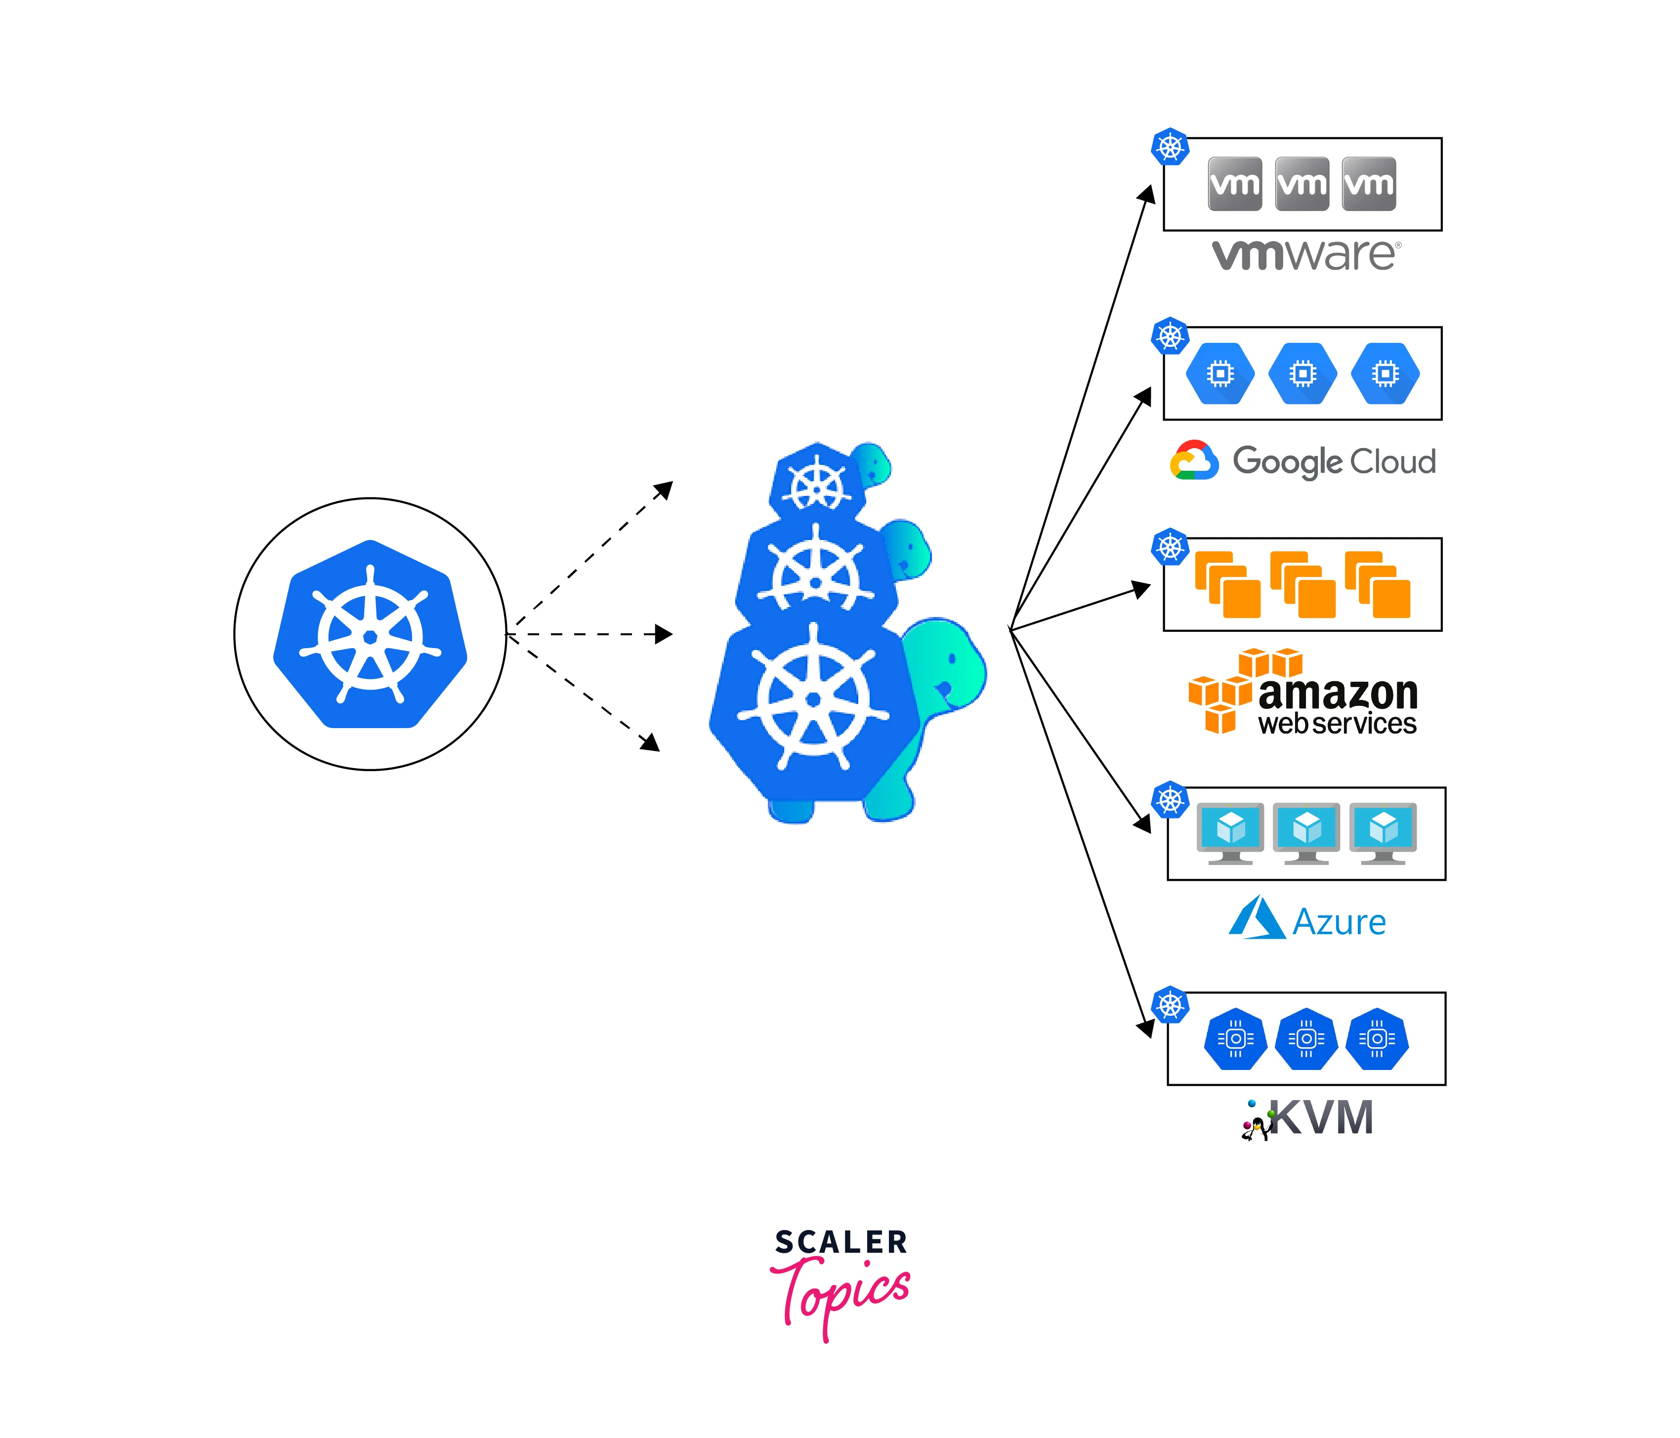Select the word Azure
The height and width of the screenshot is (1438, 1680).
(1339, 922)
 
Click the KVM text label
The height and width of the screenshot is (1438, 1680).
(1322, 1118)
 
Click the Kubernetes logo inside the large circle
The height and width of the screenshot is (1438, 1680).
(371, 634)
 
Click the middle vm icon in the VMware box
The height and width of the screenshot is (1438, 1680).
(1302, 184)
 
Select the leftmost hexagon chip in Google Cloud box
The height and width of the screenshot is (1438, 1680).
(1220, 373)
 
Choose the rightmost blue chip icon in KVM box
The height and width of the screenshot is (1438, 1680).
(1377, 1038)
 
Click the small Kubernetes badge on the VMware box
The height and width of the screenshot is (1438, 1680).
(1170, 147)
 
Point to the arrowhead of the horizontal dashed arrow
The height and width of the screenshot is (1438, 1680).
(665, 634)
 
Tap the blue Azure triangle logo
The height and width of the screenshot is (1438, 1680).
(1256, 918)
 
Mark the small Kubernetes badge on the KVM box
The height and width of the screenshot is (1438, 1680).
(1170, 1005)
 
